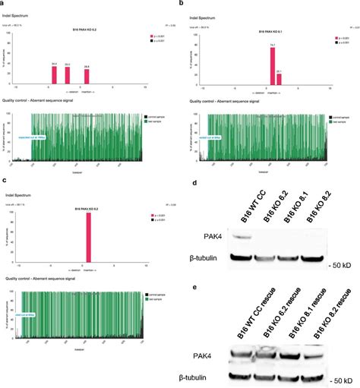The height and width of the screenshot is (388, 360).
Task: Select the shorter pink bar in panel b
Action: pyautogui.click(x=279, y=79)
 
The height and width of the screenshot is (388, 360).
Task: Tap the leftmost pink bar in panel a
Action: pyautogui.click(x=54, y=74)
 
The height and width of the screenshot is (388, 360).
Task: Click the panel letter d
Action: pyautogui.click(x=196, y=183)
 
